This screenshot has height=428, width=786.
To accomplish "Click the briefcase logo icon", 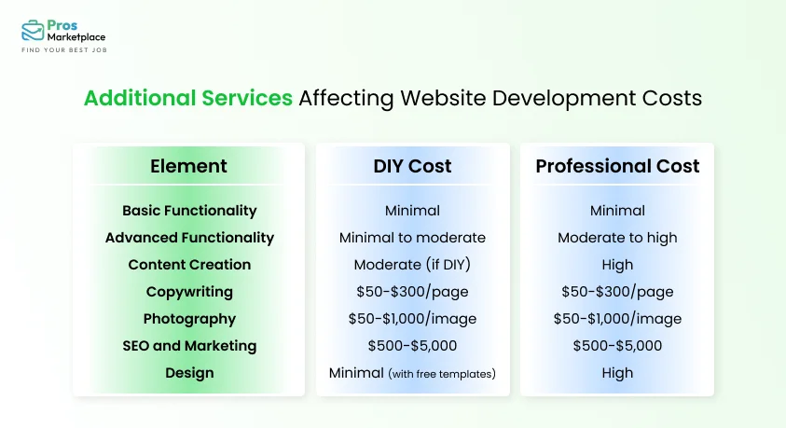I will [x=34, y=30].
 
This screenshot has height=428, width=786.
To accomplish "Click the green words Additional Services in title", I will [x=187, y=98].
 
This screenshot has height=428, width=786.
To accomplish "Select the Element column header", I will [x=188, y=167].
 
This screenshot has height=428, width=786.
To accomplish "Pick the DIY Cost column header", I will [x=412, y=167].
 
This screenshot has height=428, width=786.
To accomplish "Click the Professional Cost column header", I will [x=617, y=167].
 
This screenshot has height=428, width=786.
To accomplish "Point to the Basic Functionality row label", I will [x=189, y=211].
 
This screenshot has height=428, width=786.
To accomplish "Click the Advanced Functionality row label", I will [x=189, y=238].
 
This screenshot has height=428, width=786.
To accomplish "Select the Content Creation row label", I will [x=189, y=265].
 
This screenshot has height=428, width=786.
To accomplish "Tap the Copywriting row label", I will [x=189, y=292].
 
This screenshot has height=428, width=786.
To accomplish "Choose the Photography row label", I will [x=189, y=319].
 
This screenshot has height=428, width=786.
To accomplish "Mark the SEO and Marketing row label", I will [x=189, y=346].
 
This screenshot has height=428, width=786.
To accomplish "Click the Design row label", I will [x=189, y=373].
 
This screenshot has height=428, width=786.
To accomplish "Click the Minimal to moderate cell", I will [x=412, y=238].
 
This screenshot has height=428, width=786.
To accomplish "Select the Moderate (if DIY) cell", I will [x=412, y=265].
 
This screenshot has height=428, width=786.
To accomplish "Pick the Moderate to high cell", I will [x=617, y=238].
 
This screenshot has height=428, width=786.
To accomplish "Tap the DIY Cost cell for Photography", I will [x=412, y=319].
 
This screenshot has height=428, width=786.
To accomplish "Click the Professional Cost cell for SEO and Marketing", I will [x=617, y=346].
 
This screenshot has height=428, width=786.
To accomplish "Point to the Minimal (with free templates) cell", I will [x=412, y=373].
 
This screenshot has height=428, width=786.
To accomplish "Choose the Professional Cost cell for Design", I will [x=617, y=373].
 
